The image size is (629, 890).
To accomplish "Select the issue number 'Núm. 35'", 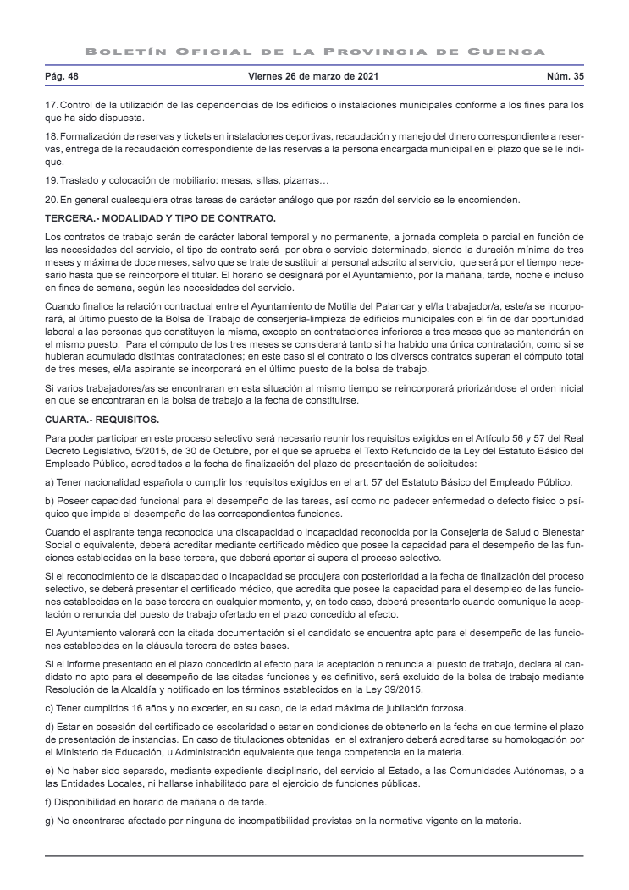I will (566, 77).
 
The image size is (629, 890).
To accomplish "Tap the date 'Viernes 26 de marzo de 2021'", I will (313, 77).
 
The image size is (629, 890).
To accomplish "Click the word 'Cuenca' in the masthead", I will (509, 52).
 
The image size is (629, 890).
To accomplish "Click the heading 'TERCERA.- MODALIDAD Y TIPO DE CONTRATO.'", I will (160, 218).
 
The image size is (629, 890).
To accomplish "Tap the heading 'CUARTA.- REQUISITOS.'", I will (102, 419).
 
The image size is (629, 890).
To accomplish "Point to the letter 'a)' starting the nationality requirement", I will (49, 482).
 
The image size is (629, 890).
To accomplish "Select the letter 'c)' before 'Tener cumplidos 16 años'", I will (49, 707).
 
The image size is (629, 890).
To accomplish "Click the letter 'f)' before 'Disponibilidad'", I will (48, 802).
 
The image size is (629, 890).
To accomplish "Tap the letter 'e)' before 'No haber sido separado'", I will (49, 771).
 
